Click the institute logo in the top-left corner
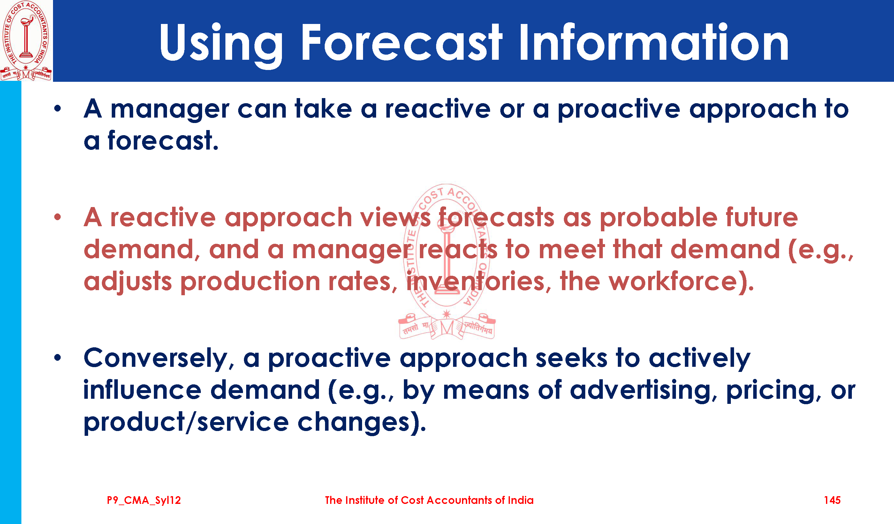(x=26, y=41)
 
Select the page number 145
(x=832, y=500)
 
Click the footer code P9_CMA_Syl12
(x=144, y=501)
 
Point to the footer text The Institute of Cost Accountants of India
(x=429, y=500)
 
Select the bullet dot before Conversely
(x=58, y=358)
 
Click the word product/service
(x=186, y=422)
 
